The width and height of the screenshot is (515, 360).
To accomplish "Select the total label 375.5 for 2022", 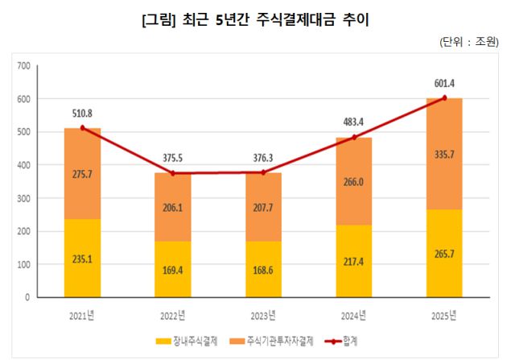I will pyautogui.click(x=173, y=158).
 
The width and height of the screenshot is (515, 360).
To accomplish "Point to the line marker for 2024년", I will pyautogui.click(x=354, y=138).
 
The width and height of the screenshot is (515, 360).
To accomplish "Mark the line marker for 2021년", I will pyautogui.click(x=82, y=128).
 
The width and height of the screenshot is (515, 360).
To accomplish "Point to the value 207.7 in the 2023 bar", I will pyautogui.click(x=263, y=207).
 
